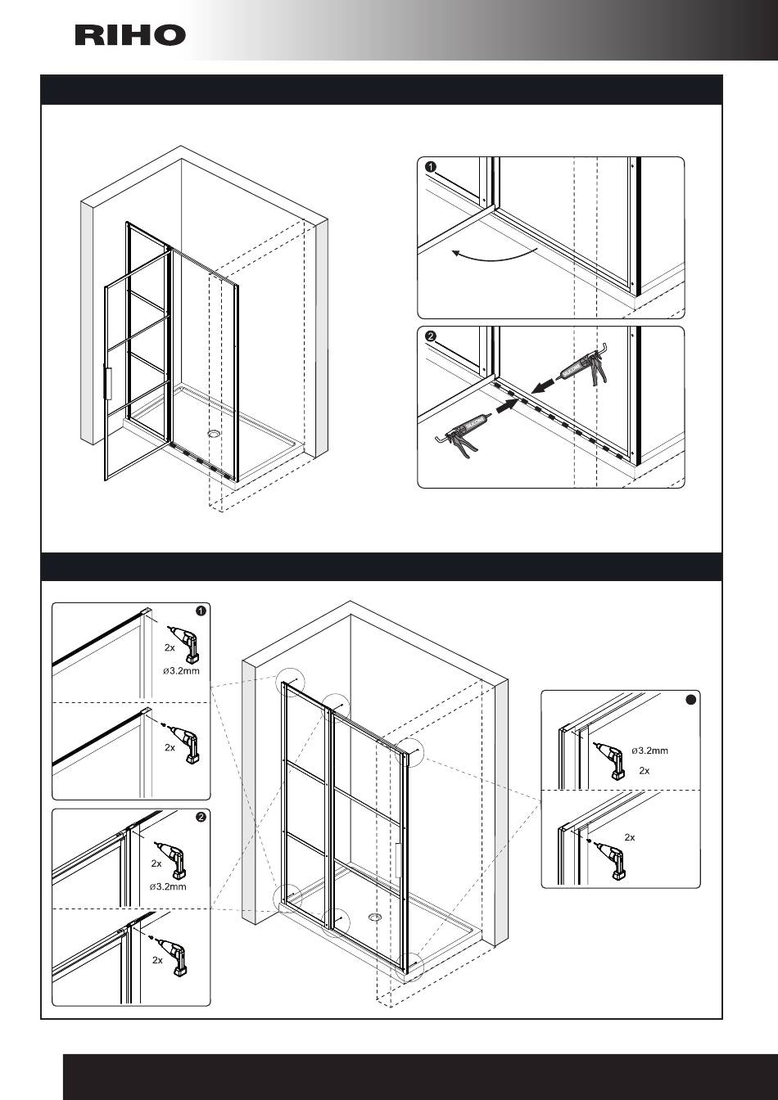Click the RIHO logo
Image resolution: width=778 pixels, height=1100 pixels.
pos(130,35)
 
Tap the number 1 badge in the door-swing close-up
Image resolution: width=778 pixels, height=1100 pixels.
pos(431,167)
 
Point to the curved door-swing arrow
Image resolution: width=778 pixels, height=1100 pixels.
pos(494,256)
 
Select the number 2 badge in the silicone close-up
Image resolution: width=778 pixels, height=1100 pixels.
pos(431,336)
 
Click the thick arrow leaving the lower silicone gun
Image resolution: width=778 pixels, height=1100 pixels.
pos(507,405)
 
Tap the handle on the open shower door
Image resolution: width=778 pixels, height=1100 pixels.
pos(108,381)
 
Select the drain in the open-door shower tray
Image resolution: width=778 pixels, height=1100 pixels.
pos(214,433)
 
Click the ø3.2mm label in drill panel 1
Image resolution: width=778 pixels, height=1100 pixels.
pos(181,671)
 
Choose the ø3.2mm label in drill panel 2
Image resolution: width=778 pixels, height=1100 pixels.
pos(168,886)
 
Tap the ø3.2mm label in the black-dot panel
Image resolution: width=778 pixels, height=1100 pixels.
pos(649,751)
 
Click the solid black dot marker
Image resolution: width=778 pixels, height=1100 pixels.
pos(690,700)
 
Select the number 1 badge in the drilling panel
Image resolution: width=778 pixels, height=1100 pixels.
pos(201,611)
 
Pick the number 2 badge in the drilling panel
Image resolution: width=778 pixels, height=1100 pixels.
pos(201,817)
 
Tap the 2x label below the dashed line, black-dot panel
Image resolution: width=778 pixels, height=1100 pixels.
pos(630,837)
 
